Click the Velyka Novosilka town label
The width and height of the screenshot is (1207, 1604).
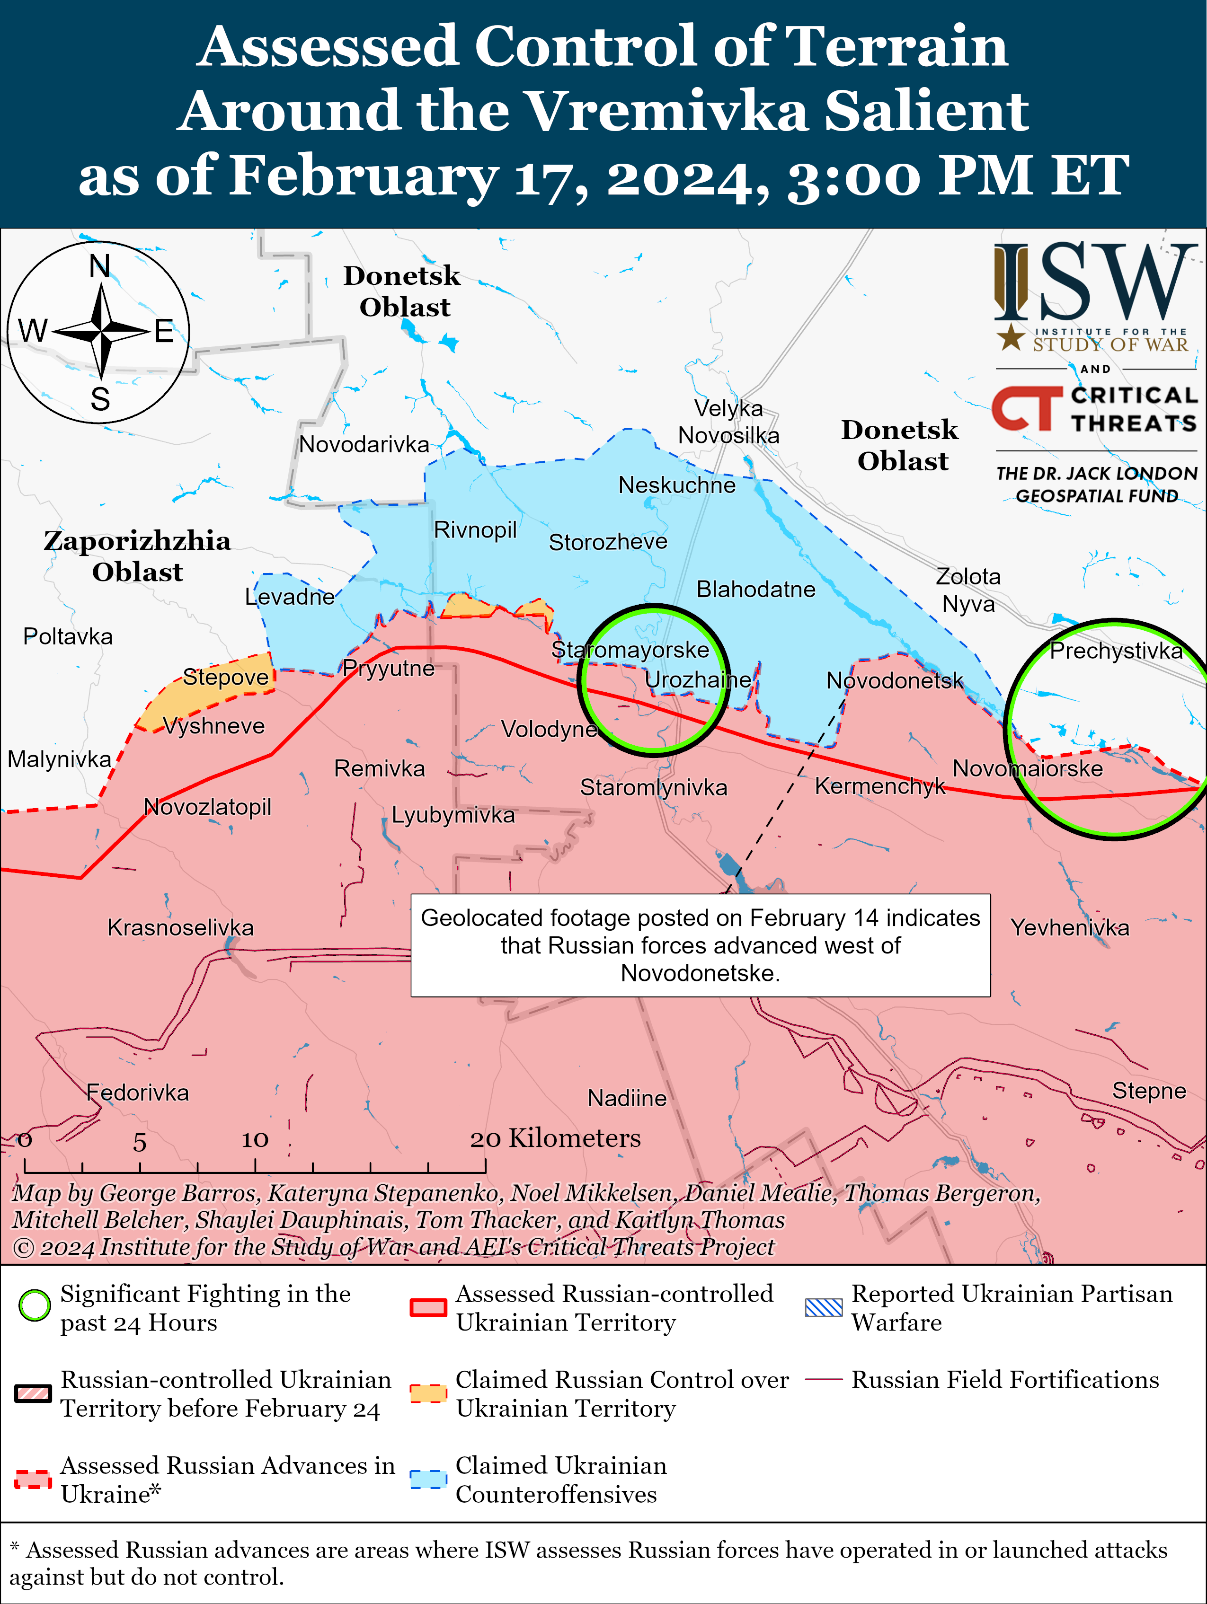[x=728, y=422]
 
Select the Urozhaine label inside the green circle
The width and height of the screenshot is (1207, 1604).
[x=698, y=680]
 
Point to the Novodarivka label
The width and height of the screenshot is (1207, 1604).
[x=364, y=444]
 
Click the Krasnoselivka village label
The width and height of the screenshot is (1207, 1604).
[x=181, y=927]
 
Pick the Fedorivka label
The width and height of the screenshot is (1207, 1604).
[x=137, y=1093]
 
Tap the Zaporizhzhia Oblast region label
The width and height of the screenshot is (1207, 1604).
[x=137, y=556]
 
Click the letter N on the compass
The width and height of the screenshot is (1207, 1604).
[x=99, y=267]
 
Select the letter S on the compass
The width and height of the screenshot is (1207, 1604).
[x=100, y=399]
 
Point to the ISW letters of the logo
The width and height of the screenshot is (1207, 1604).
[x=1095, y=283]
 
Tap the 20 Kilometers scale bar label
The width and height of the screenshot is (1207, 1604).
[x=556, y=1138]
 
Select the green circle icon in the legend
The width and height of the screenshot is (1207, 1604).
[x=34, y=1306]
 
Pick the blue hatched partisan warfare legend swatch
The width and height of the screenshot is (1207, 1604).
[x=824, y=1307]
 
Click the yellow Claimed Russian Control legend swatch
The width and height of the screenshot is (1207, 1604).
[x=428, y=1393]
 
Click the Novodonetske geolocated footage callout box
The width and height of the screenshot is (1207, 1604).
[x=700, y=945]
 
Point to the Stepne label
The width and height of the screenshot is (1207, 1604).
[x=1149, y=1091]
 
